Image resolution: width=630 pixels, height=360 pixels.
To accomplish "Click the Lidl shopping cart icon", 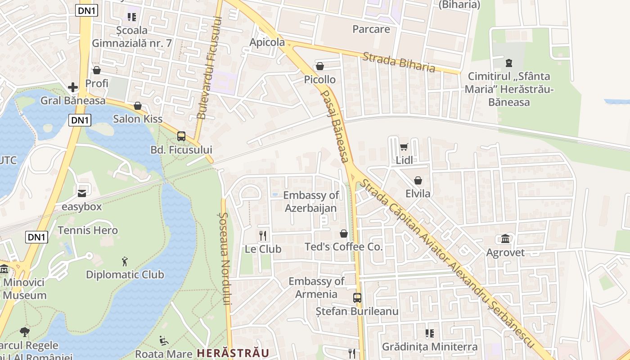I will [404, 147].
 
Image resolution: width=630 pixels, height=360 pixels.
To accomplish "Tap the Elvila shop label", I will [418, 193].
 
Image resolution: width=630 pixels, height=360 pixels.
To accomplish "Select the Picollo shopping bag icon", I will [320, 67].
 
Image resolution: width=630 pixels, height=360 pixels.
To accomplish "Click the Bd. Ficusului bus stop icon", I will [181, 136].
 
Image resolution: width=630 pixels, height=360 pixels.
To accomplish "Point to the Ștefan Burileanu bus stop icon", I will [357, 298].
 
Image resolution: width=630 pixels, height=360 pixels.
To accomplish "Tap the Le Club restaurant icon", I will [263, 235].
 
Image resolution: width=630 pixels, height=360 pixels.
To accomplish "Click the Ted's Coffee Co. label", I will [343, 247].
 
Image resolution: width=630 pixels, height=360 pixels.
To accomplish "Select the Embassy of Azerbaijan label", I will [311, 202].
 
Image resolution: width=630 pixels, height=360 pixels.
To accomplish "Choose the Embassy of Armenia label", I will [316, 288].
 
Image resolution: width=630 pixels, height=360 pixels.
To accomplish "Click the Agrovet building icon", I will [505, 239].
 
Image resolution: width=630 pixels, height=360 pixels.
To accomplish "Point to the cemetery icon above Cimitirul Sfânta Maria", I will [509, 63].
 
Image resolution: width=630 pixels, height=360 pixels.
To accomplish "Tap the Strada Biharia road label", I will [399, 62].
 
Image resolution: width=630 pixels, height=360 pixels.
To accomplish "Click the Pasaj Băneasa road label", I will [335, 126].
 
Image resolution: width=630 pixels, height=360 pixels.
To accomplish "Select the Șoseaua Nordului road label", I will [226, 259].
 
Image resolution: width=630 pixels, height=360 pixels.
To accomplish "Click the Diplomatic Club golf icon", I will [125, 261].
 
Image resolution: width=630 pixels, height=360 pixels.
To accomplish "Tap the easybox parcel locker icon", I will [82, 193].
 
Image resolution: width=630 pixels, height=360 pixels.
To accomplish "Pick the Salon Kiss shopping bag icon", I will [138, 106].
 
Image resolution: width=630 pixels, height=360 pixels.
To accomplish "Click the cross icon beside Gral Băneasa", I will [73, 87].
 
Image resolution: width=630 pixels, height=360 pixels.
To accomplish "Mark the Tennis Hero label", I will [88, 230].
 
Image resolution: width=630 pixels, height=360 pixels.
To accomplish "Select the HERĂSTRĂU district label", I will [233, 353].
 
